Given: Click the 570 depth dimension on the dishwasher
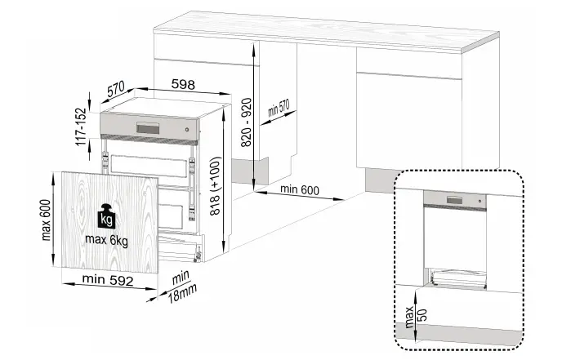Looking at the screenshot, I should (114, 85).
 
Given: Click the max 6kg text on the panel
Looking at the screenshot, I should (105, 240).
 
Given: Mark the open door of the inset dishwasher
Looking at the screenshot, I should (457, 278).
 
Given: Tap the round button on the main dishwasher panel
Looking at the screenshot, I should (187, 130).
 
